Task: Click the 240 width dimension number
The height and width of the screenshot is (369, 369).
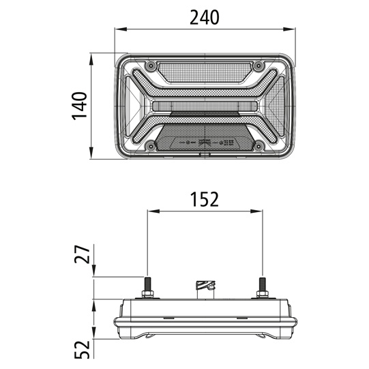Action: (x=204, y=18)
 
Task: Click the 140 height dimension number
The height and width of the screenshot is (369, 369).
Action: (x=79, y=106)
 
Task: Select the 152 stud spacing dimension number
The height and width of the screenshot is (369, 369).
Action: (x=204, y=199)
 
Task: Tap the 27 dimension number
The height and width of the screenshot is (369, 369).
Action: (x=82, y=254)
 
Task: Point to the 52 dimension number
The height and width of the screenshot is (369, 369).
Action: (x=82, y=349)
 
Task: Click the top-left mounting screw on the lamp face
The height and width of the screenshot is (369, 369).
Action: (x=151, y=65)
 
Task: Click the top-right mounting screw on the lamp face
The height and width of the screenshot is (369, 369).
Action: (x=259, y=65)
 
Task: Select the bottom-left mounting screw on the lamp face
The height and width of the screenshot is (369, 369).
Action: (x=151, y=147)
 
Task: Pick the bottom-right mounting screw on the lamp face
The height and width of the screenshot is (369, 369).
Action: (x=259, y=147)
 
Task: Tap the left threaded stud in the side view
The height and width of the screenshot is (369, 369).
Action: (x=148, y=284)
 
